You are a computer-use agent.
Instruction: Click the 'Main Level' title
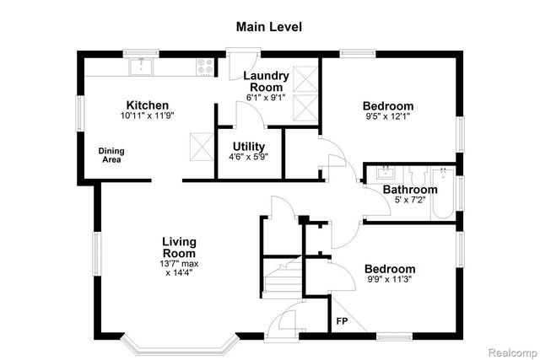268,26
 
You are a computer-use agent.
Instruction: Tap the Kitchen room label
148,105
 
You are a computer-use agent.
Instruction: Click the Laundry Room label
266,81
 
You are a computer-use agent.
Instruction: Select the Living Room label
180,247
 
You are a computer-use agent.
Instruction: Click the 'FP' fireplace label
342,321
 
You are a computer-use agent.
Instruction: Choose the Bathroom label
410,190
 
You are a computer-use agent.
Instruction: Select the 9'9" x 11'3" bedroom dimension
390,281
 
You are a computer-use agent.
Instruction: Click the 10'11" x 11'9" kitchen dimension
148,116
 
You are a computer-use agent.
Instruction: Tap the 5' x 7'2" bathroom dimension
410,201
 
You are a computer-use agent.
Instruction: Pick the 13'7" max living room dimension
180,263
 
